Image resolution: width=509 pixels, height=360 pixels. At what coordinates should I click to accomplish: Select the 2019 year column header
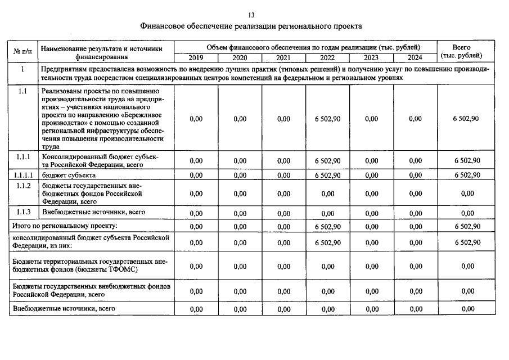click(x=196, y=58)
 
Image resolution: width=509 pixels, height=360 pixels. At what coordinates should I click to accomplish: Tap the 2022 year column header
click(x=327, y=58)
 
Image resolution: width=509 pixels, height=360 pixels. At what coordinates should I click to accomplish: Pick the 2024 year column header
click(x=415, y=58)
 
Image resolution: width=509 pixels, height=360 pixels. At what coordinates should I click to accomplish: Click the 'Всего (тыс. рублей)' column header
click(x=461, y=51)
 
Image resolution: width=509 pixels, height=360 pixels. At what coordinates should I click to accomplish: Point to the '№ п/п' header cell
click(x=22, y=52)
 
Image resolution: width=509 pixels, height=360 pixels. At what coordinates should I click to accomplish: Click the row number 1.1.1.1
click(x=22, y=175)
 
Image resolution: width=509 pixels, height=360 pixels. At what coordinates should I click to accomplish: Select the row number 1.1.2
click(x=22, y=186)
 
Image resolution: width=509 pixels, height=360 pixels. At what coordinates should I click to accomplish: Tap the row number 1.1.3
click(x=22, y=212)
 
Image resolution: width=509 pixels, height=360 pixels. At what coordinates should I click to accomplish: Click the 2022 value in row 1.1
click(x=327, y=119)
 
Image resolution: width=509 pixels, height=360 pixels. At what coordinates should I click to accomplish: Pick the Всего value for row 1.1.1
click(x=466, y=161)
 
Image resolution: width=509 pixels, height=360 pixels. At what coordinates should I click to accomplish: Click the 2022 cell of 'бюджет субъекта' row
click(x=327, y=175)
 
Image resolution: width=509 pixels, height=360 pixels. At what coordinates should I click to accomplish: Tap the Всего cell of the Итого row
click(x=466, y=227)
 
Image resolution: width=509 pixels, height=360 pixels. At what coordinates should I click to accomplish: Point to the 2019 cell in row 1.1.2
click(x=196, y=193)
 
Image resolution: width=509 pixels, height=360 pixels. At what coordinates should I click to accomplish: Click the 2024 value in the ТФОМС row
click(x=415, y=266)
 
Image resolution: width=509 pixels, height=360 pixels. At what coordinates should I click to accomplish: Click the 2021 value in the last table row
click(x=283, y=309)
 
